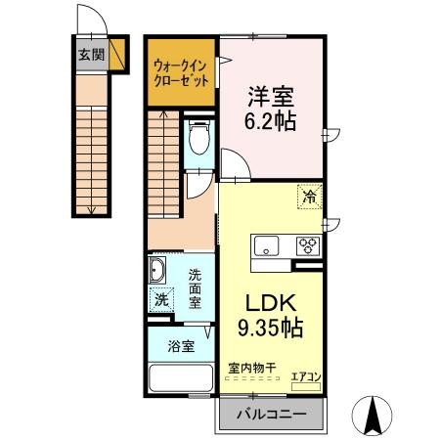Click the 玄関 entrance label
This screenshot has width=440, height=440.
pyautogui.click(x=91, y=54)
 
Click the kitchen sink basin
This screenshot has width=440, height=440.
pyautogui.click(x=268, y=244)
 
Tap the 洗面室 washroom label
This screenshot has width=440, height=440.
pyautogui.click(x=196, y=288)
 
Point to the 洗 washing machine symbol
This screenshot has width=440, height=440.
pyautogui.click(x=160, y=300)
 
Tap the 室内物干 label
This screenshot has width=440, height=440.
pyautogui.click(x=251, y=368)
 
